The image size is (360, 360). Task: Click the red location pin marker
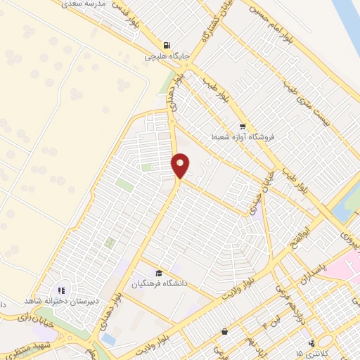click(181, 165)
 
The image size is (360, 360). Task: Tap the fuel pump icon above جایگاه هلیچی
click(167, 44)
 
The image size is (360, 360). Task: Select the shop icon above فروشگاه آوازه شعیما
click(243, 127)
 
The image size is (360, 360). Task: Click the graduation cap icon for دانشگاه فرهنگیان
click(159, 274)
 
